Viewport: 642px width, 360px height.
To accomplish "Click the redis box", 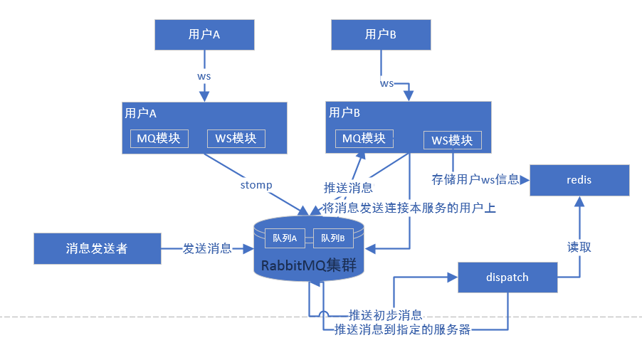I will (x=579, y=180).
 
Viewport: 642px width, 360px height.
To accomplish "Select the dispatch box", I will (x=507, y=277).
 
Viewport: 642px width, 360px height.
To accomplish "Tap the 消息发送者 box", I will (x=97, y=248).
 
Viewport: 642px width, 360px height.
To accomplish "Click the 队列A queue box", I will (x=284, y=238).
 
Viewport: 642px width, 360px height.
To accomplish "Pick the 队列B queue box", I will (x=332, y=238).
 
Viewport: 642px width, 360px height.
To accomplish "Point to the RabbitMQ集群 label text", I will (x=308, y=265).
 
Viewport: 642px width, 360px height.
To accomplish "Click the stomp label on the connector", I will (x=256, y=185).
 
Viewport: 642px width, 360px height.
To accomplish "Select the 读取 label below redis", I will (x=579, y=247).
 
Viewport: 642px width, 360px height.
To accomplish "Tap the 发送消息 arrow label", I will (x=207, y=248).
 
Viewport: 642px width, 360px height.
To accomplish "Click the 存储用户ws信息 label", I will (x=475, y=179).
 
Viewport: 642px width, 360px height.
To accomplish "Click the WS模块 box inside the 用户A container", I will (x=236, y=138).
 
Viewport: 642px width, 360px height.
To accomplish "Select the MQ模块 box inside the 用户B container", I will (x=364, y=138).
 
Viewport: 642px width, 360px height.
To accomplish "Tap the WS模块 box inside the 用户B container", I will (x=452, y=140).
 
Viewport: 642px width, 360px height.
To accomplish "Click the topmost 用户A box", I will (x=204, y=34).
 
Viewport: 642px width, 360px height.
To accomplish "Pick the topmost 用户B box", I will (x=381, y=34).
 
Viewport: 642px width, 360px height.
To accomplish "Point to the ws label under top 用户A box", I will (x=204, y=75).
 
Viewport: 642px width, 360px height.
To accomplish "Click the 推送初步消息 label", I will (x=385, y=314).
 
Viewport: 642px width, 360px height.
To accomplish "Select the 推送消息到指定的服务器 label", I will (x=402, y=330).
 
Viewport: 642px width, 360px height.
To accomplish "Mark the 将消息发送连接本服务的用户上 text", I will (x=409, y=208).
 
